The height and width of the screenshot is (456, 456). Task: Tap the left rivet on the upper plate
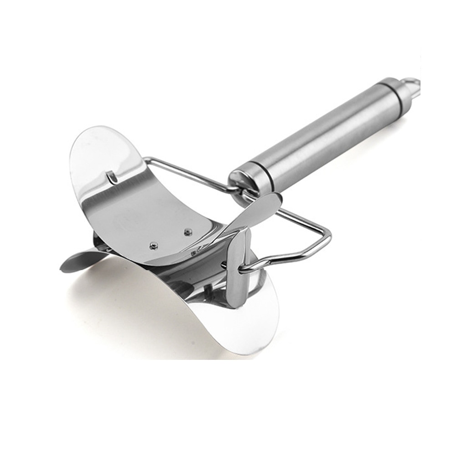(x=154, y=245)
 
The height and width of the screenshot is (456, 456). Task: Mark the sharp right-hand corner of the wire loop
(x=329, y=237)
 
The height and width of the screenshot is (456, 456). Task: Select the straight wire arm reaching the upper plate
(x=187, y=171)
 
